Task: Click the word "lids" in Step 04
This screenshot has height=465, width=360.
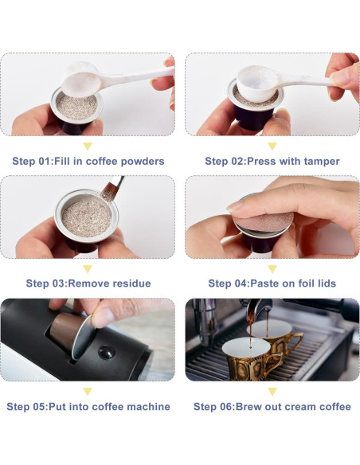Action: click(x=327, y=283)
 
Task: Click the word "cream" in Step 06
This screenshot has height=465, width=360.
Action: click(x=301, y=407)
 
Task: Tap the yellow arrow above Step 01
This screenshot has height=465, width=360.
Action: click(x=88, y=147)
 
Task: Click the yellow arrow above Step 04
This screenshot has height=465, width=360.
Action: click(x=272, y=269)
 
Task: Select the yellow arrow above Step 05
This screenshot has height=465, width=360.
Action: click(x=88, y=392)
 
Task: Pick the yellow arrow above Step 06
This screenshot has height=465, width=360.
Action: click(x=272, y=392)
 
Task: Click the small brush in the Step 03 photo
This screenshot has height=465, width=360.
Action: click(x=112, y=189)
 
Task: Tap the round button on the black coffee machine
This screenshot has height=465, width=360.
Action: click(x=107, y=352)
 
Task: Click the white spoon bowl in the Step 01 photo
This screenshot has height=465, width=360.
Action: click(x=80, y=84)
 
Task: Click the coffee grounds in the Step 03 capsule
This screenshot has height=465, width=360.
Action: click(x=87, y=217)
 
